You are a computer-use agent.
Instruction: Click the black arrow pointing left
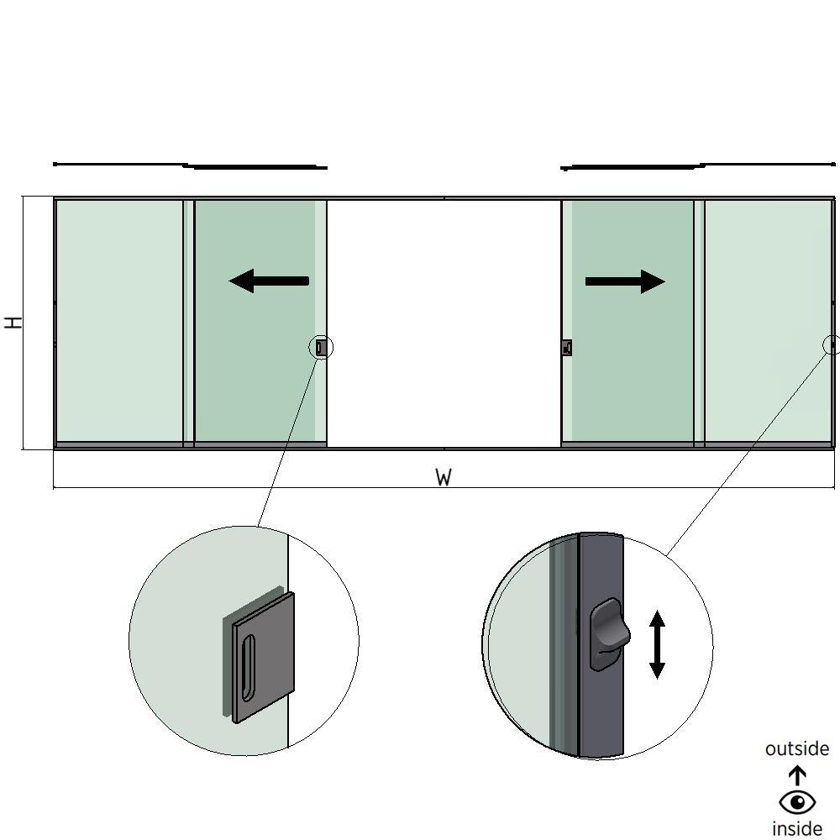tap(268, 281)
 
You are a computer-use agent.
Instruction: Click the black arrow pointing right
tap(625, 281)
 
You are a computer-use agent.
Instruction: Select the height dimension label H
tap(13, 323)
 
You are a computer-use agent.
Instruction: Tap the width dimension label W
tap(444, 478)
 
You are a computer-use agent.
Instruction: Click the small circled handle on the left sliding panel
tap(321, 347)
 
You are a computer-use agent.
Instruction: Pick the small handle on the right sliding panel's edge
tap(567, 348)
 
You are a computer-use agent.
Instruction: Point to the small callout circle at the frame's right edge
tap(832, 344)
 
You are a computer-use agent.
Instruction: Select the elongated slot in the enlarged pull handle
tap(248, 668)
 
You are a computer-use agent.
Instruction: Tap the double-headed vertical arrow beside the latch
tap(657, 644)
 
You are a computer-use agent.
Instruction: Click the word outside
tap(796, 748)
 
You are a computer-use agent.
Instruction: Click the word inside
tap(797, 829)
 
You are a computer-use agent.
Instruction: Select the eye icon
tap(797, 802)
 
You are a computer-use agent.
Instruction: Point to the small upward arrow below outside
tap(797, 774)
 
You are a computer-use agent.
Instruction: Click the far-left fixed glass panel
tap(118, 319)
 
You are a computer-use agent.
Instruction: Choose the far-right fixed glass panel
tap(767, 319)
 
